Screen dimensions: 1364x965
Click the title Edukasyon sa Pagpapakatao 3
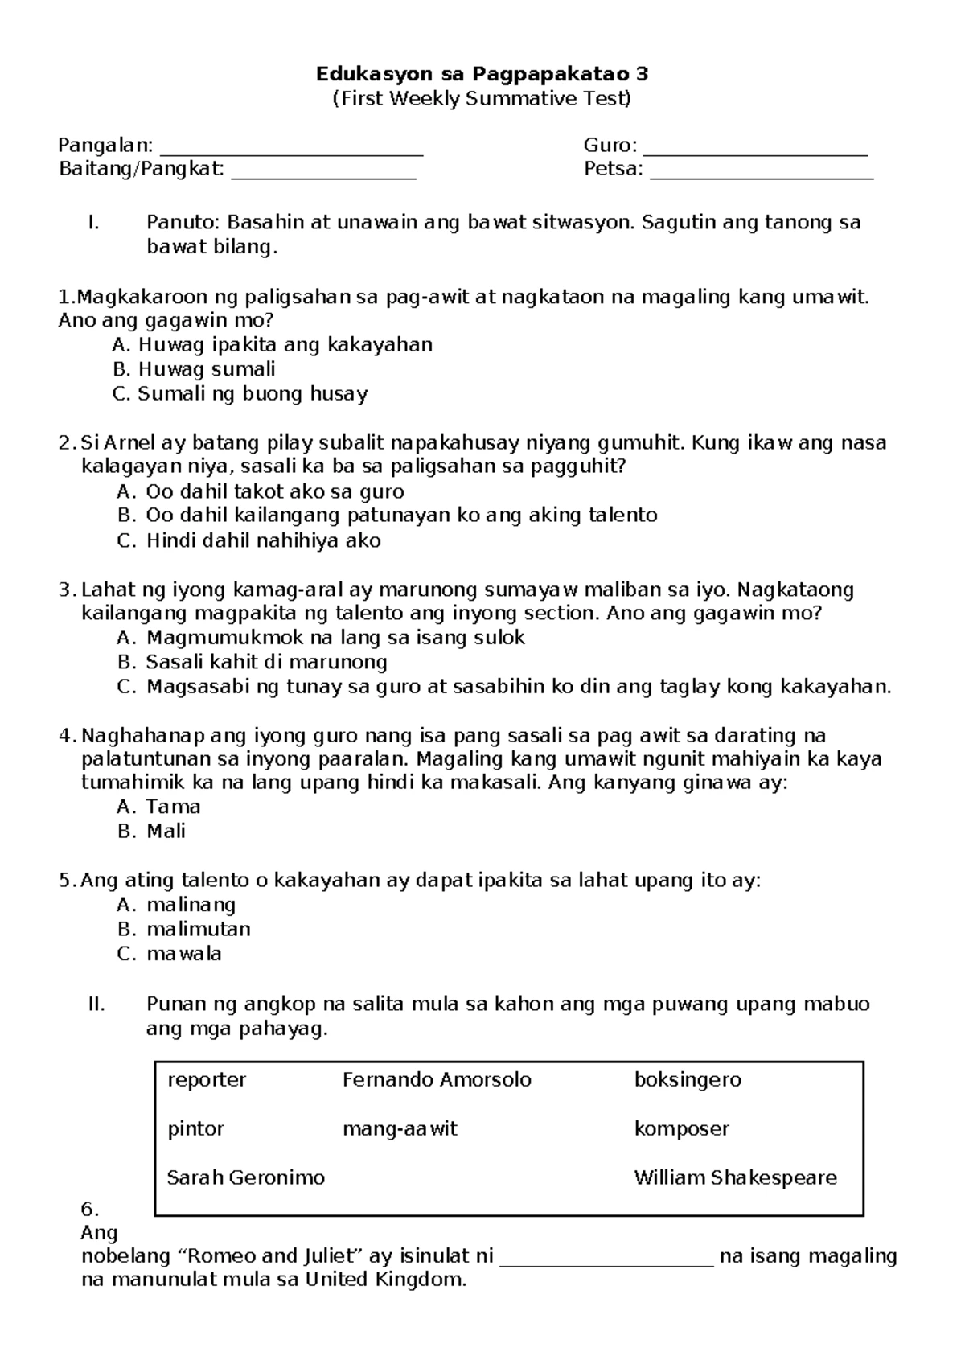pos(482,75)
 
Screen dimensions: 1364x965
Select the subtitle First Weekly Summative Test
pos(482,99)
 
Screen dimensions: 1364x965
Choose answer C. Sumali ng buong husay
pos(241,394)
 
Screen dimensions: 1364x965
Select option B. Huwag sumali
pos(195,370)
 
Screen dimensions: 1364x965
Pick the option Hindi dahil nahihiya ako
pos(250,540)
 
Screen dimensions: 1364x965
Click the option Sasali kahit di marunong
pos(253,663)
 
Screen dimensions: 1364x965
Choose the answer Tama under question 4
pos(161,807)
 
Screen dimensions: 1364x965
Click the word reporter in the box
pos(207,1080)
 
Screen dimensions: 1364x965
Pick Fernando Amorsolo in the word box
pos(437,1080)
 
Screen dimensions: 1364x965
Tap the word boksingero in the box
pos(688,1080)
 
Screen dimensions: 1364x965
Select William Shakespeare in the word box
pos(735,1178)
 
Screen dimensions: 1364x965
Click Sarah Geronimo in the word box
pos(246,1178)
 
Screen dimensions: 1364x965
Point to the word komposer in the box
pos(681,1129)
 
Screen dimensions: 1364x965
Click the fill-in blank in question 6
pos(606,1258)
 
